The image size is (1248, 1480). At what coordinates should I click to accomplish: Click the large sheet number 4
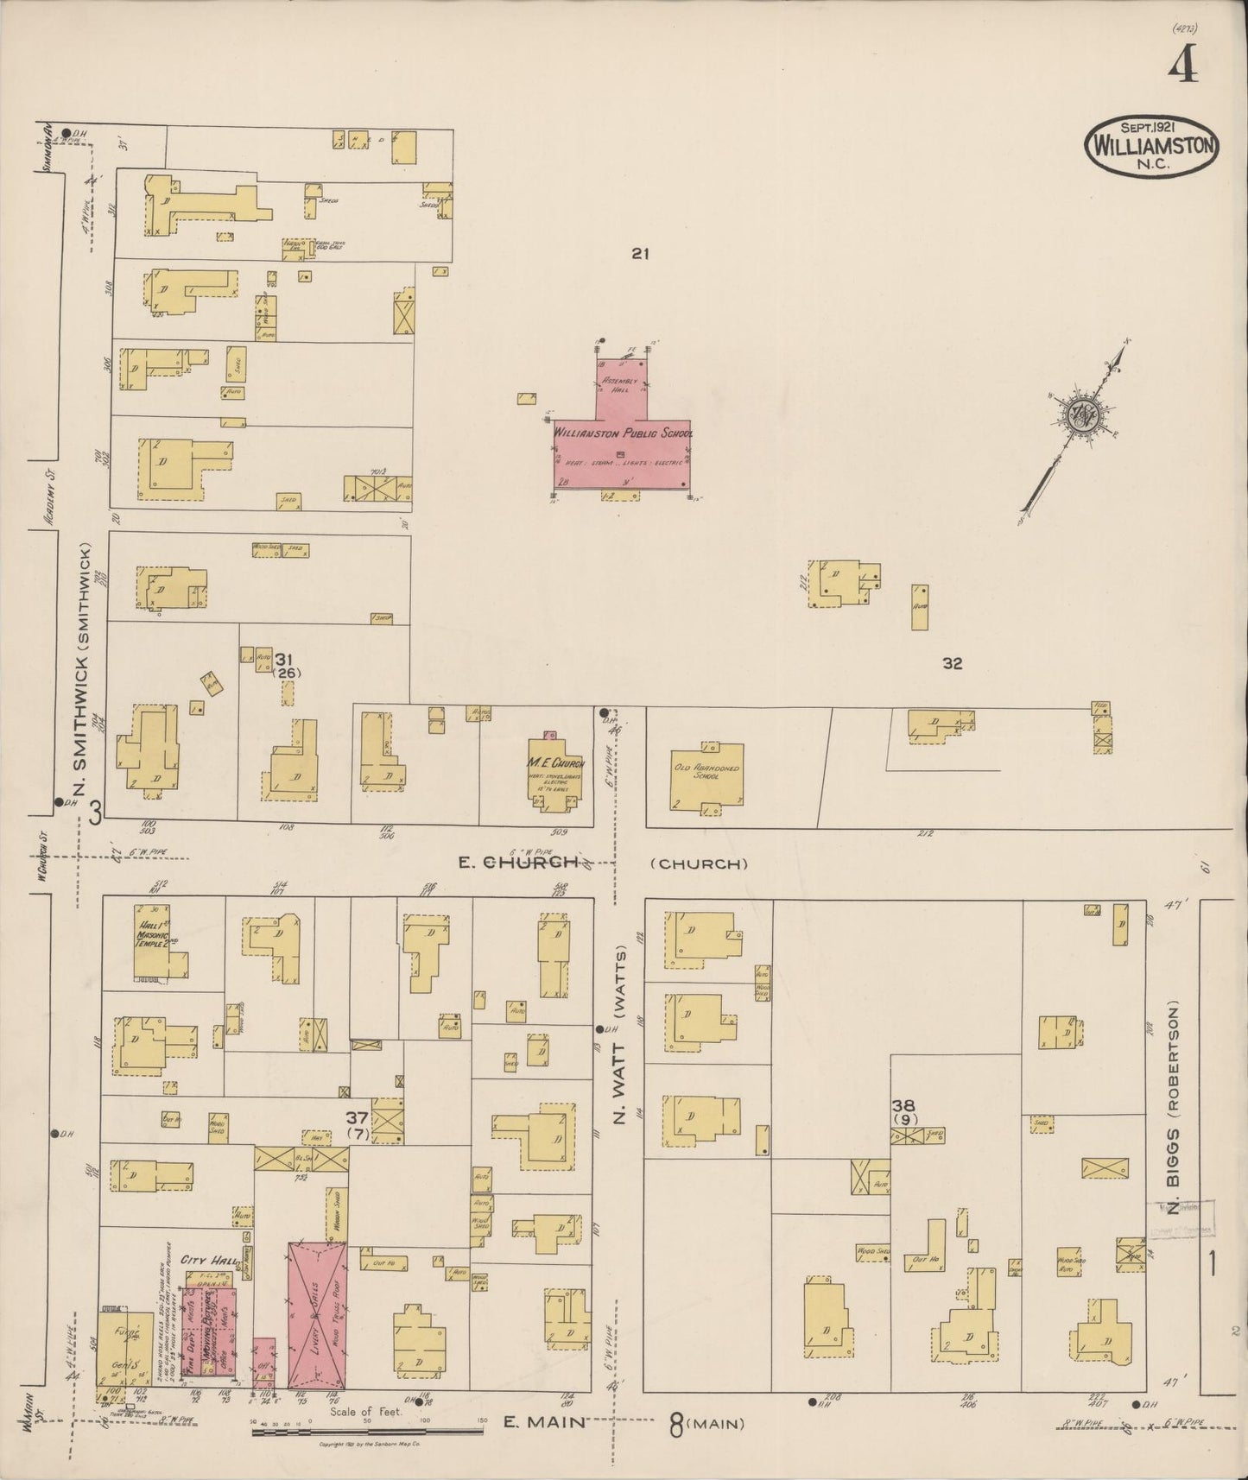(1183, 63)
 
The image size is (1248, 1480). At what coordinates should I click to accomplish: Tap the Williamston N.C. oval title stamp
(1152, 147)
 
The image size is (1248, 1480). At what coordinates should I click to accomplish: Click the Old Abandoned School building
(706, 775)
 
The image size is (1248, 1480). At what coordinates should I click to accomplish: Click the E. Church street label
(518, 862)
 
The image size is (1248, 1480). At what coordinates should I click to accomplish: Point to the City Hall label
(204, 1261)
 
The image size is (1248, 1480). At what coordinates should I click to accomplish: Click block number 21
(639, 254)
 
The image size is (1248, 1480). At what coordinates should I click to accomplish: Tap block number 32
(952, 663)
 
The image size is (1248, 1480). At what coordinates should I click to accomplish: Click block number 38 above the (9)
(904, 1104)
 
